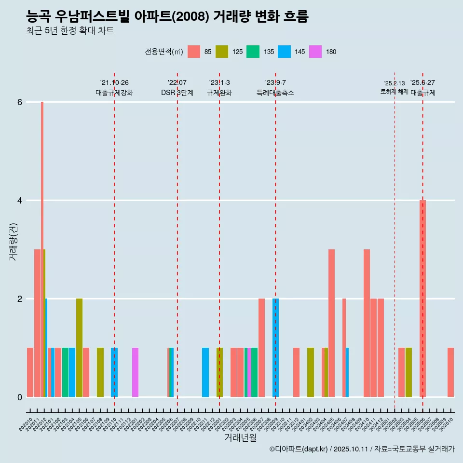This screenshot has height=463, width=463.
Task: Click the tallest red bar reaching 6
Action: [42, 193]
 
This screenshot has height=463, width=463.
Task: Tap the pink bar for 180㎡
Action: [136, 372]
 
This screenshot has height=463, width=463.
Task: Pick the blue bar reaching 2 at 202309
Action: [276, 347]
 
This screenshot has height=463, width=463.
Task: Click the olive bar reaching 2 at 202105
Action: [79, 347]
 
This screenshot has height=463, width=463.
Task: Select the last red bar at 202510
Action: [450, 372]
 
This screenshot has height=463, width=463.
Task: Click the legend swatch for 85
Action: [194, 52]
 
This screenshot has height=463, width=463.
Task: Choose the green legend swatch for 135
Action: [253, 52]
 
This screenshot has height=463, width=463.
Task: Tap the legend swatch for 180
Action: [315, 52]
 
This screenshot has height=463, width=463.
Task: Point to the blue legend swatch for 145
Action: [285, 52]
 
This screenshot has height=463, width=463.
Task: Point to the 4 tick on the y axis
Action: [20, 200]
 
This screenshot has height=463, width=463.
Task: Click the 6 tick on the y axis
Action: [20, 102]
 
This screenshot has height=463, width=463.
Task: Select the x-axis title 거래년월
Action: [240, 437]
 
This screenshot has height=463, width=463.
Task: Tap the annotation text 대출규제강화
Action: [114, 93]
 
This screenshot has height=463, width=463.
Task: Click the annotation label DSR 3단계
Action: [177, 93]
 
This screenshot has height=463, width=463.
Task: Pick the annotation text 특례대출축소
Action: [275, 93]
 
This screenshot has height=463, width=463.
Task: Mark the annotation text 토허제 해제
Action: [394, 92]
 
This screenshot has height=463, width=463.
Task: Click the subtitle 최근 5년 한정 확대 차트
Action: [70, 31]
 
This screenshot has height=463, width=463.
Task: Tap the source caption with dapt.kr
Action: [362, 449]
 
